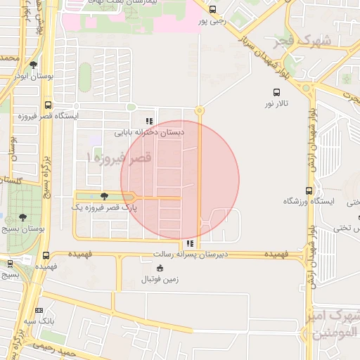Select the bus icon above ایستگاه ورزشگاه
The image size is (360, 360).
309,191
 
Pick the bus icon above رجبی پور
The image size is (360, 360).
213,10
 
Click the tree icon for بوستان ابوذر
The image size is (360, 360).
33,65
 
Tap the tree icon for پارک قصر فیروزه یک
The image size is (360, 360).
105,196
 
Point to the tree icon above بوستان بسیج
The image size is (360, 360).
23,217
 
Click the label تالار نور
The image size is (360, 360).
277,104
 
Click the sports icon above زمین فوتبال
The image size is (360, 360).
160,268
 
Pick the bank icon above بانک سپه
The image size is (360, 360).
39,310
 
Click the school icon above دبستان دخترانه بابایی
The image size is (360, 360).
148,120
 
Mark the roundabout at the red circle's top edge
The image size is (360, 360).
200,110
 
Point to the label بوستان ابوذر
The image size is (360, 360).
34,76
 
